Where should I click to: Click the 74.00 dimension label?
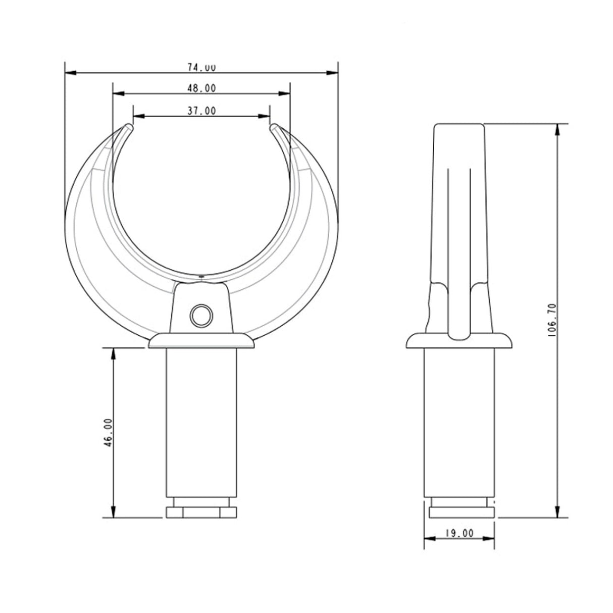pos(201,67)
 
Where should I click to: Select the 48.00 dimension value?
pos(201,88)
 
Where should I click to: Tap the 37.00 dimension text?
pos(201,111)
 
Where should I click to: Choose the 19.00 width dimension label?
pos(459,533)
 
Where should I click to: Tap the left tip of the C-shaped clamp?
pos(128,126)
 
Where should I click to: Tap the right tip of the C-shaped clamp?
pos(274,126)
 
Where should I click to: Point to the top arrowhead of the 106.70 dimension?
pos(557,129)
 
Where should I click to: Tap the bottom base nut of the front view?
pos(201,513)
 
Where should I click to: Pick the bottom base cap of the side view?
pos(462,513)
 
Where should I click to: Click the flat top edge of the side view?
pos(459,124)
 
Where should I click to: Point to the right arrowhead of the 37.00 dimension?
pos(264,116)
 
